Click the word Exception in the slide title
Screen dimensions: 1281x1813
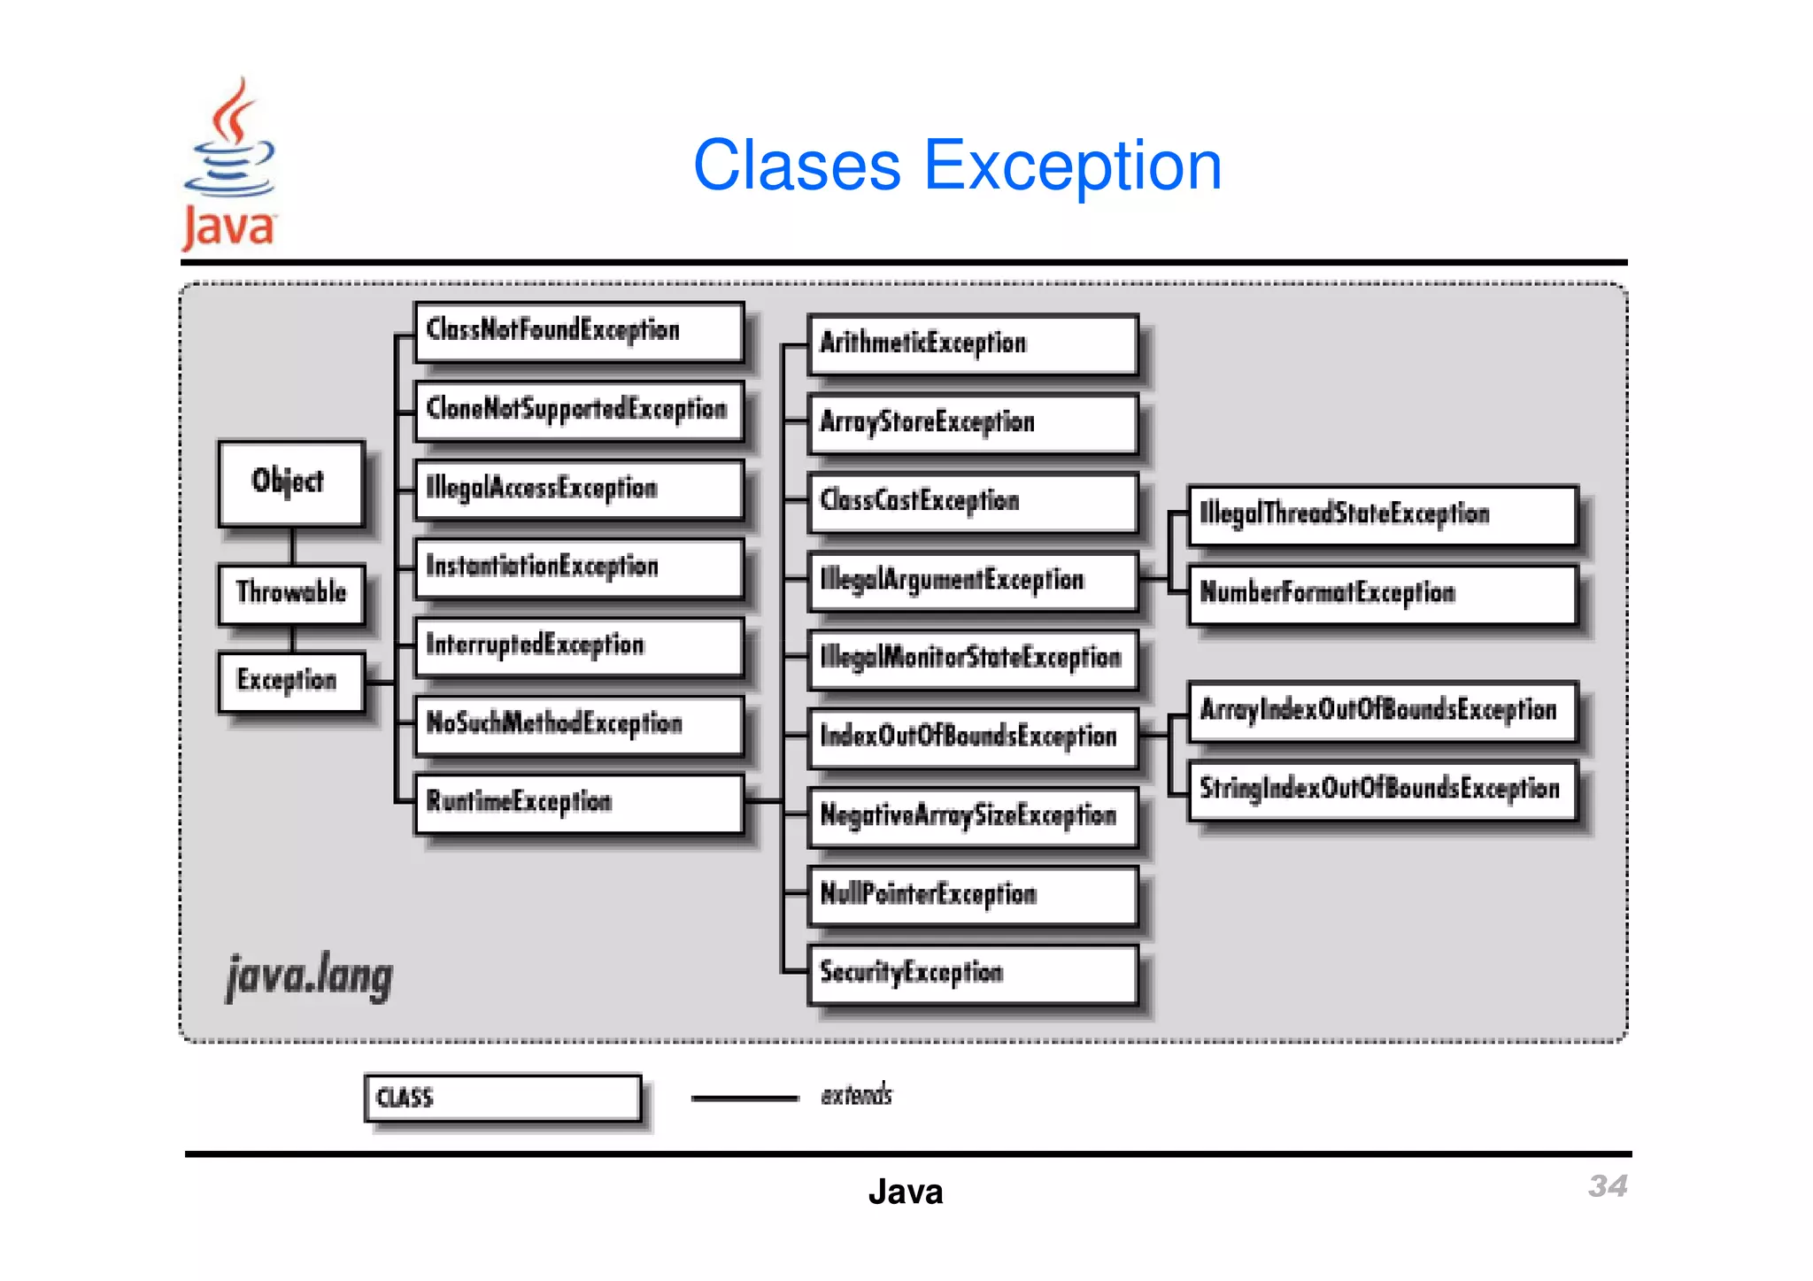coord(1072,166)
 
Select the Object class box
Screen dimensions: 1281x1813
coord(291,483)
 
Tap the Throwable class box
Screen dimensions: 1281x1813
coord(291,593)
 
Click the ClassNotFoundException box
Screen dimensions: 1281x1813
coord(578,331)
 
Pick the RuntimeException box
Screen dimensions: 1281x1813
coord(578,803)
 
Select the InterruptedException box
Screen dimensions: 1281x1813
coord(578,645)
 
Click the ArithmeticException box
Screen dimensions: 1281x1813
coord(972,344)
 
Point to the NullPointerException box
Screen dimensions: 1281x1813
coord(972,895)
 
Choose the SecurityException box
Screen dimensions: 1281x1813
coord(972,974)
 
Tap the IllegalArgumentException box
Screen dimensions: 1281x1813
coord(972,581)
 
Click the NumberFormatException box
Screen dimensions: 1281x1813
coord(1381,594)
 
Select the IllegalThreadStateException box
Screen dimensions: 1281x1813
coord(1381,515)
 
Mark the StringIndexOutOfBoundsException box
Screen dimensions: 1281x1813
coord(1381,790)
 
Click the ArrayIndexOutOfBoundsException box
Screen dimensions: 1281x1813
coord(1381,711)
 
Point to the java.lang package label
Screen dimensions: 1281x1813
coord(309,976)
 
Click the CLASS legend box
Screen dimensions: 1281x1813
coord(502,1098)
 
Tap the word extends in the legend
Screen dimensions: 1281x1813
coord(856,1096)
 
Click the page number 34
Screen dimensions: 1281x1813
coord(1607,1186)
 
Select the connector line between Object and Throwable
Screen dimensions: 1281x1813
coord(292,545)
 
